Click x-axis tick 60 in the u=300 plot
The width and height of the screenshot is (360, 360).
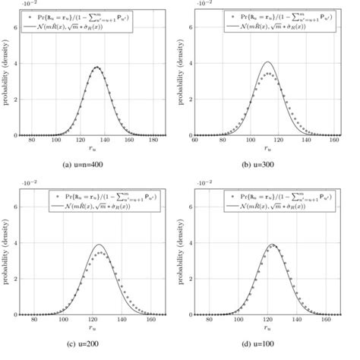point(194,141)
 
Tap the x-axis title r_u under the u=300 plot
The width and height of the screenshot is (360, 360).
point(268,150)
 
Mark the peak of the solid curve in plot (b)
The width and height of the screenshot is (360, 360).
point(267,62)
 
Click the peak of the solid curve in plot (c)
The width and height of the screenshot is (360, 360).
point(99,245)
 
